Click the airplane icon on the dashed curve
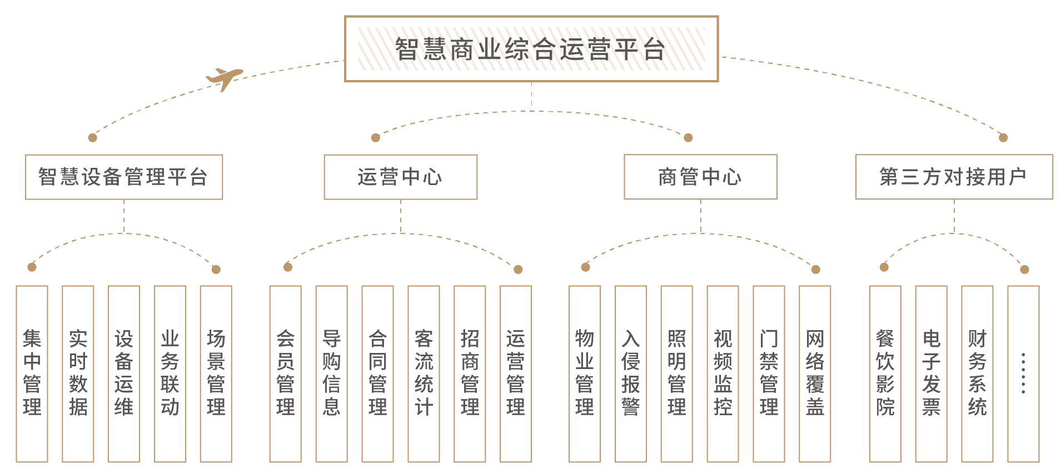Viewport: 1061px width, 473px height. click(x=224, y=78)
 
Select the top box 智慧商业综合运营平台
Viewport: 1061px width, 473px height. click(x=531, y=49)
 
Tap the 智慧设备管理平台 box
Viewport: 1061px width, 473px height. click(x=124, y=177)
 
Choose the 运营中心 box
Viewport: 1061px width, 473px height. click(x=400, y=177)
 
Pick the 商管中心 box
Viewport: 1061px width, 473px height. click(x=700, y=177)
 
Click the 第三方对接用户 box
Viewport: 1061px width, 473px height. click(x=954, y=177)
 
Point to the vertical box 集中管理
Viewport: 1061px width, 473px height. click(x=32, y=374)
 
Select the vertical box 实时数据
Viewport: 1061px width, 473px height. click(x=78, y=374)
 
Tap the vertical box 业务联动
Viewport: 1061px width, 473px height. click(x=170, y=374)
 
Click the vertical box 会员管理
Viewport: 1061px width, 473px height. click(x=286, y=374)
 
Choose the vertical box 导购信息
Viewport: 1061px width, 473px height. click(x=332, y=374)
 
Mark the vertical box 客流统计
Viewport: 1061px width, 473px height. click(x=424, y=374)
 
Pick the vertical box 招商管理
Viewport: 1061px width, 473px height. click(x=470, y=374)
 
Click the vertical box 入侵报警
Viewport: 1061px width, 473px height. click(x=631, y=374)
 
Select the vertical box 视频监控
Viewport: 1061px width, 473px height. click(x=723, y=374)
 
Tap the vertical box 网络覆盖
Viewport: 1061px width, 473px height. click(x=815, y=374)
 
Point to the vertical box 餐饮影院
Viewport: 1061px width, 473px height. click(x=885, y=374)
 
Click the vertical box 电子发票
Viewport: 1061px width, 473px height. click(x=931, y=374)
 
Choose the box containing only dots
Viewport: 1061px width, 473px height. click(x=1023, y=374)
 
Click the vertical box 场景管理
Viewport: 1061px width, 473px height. click(x=216, y=374)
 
